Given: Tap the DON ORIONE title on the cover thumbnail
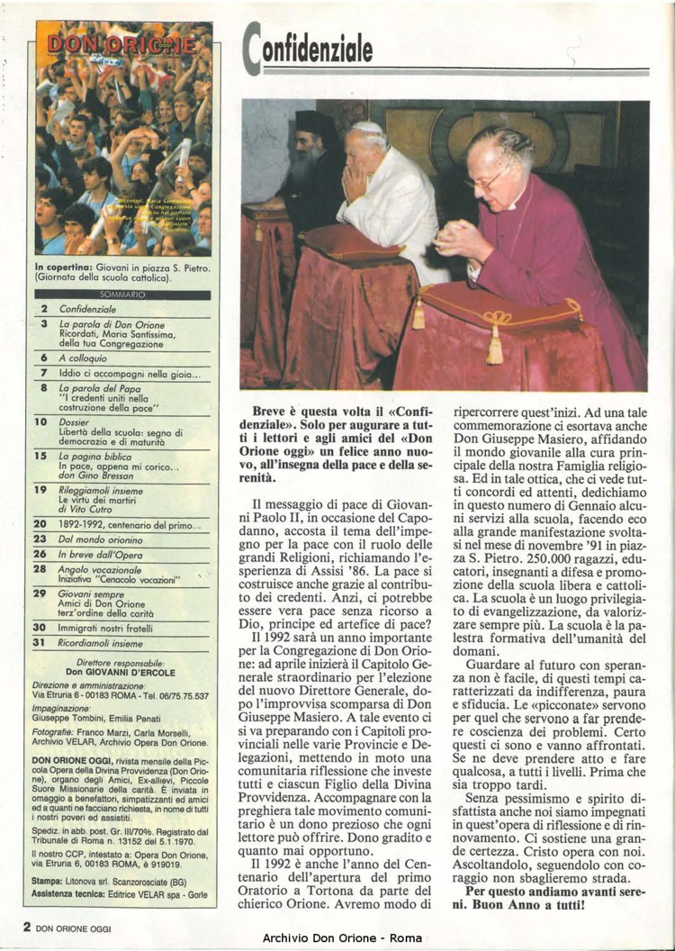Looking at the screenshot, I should click(x=123, y=42).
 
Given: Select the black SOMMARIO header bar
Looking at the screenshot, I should click(x=122, y=294).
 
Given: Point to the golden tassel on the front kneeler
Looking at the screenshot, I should click(x=494, y=345).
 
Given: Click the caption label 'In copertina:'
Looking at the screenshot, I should click(x=66, y=267).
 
